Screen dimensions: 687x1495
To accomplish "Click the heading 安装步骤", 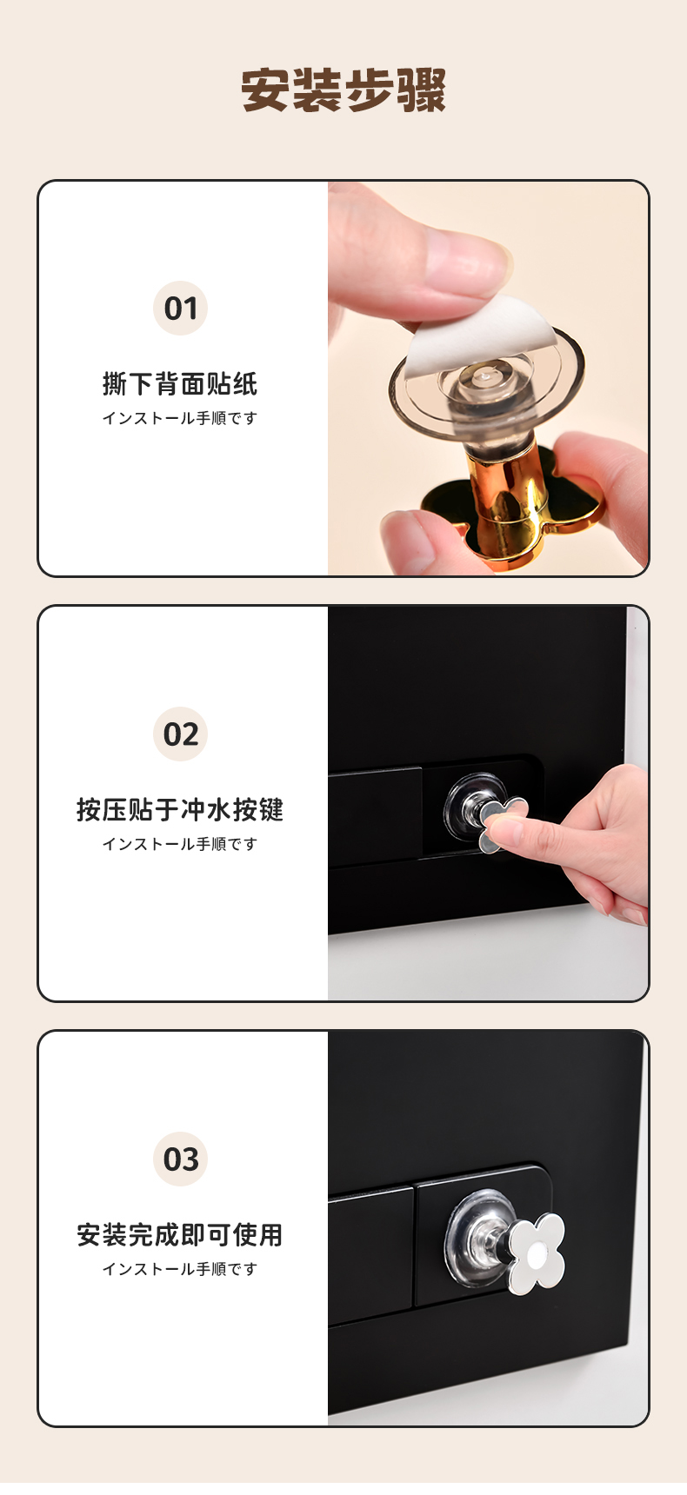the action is click(x=343, y=90).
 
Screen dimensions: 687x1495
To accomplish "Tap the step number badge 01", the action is click(x=180, y=309).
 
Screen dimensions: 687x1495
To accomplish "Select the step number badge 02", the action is click(x=180, y=734).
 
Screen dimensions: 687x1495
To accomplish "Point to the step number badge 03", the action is click(x=180, y=1159).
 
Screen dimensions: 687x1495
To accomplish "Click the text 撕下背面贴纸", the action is click(x=180, y=383).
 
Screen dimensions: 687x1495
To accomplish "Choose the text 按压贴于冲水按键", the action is click(x=180, y=809).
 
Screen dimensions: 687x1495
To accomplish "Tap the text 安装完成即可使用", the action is click(x=180, y=1234).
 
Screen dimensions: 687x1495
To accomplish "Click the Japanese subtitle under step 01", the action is click(x=180, y=418).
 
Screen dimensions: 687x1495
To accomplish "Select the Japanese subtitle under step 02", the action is click(x=180, y=844).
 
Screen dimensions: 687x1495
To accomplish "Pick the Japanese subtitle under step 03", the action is click(x=180, y=1269).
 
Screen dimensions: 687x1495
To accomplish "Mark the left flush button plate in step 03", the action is click(x=370, y=1255).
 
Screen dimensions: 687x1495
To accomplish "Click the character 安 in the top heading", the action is click(x=264, y=90).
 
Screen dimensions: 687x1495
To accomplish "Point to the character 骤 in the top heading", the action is click(x=422, y=90).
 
